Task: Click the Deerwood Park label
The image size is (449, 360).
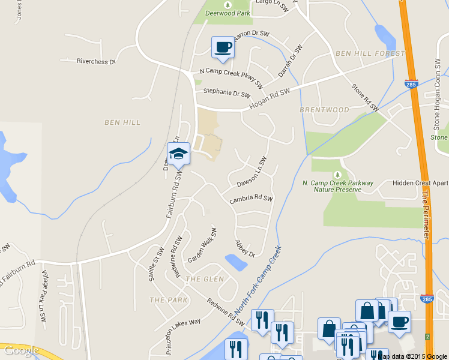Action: point(228,13)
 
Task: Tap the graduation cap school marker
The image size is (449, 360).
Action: point(178,154)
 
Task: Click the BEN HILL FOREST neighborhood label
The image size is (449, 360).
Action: point(370,54)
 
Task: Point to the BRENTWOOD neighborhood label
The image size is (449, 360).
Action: point(324,110)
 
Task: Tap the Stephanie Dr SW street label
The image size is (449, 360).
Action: point(226,94)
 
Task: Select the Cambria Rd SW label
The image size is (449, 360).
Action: point(251,199)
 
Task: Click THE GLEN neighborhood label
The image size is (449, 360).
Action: point(205,279)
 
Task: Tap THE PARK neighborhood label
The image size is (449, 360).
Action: point(168,299)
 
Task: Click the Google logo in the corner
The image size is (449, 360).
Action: point(21,350)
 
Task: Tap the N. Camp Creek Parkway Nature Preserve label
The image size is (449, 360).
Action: point(338,186)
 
